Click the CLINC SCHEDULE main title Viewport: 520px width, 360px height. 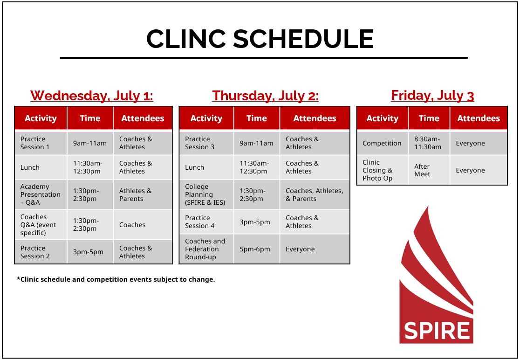(260, 39)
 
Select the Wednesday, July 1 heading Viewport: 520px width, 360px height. (92, 96)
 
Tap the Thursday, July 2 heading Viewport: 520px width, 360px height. (265, 96)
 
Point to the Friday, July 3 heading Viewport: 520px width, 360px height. (432, 96)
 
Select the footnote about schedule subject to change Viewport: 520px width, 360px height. (116, 279)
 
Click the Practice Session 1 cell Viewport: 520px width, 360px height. (40, 143)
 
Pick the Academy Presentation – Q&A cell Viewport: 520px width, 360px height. (40, 194)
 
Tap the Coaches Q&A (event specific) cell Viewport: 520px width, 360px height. (40, 225)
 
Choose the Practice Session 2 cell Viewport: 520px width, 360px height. (40, 252)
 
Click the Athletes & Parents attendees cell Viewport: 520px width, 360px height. (142, 194)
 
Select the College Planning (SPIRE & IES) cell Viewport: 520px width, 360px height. (206, 194)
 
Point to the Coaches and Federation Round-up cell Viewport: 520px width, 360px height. (206, 249)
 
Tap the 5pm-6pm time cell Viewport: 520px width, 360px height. (256, 249)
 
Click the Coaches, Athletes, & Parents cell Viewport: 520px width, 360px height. (315, 194)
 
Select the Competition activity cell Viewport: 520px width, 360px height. (382, 143)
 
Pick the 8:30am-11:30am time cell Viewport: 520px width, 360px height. (428, 143)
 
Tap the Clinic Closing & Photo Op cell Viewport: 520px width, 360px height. (382, 170)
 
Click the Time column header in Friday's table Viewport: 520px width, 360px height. (429, 118)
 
